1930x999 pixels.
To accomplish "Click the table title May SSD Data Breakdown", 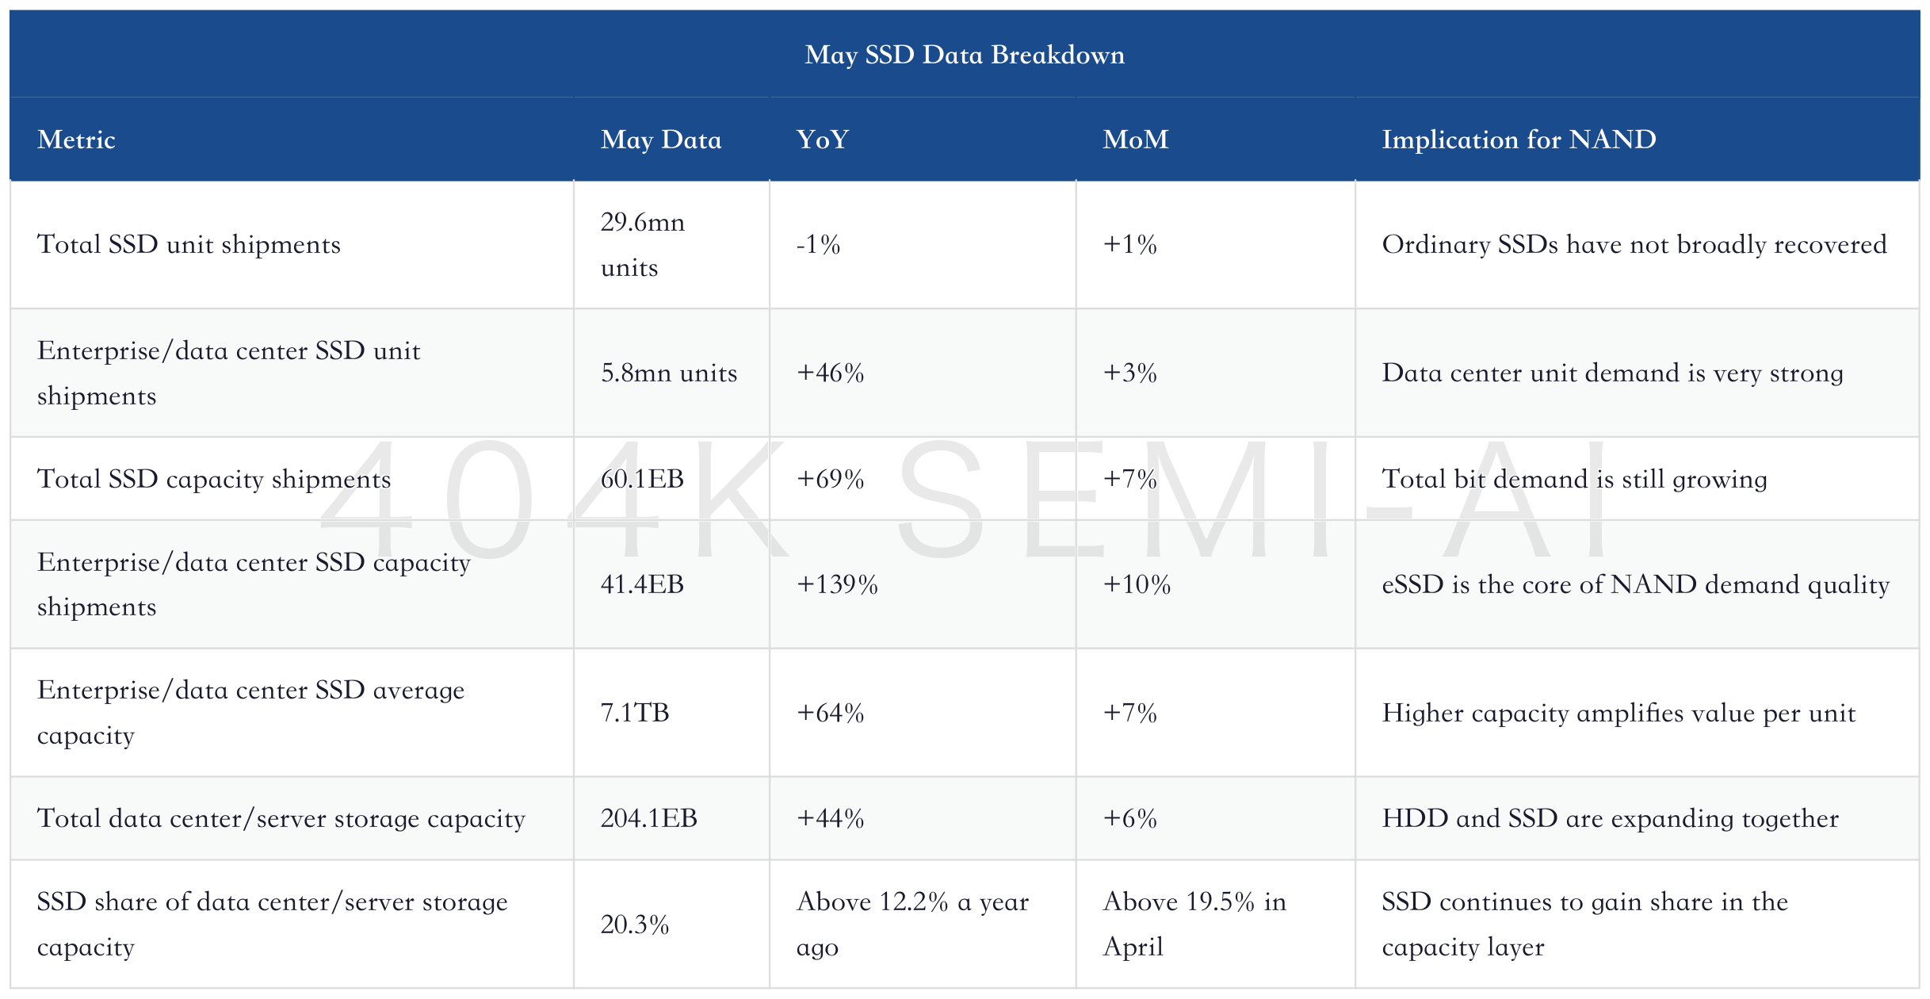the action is tap(965, 55).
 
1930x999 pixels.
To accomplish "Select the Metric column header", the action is tap(76, 140).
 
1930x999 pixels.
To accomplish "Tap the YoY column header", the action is tap(822, 140).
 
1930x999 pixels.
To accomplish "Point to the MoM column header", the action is tap(1135, 140).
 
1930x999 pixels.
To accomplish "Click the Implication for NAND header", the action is tap(1519, 140).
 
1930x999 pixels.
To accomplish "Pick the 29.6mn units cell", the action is tap(643, 244).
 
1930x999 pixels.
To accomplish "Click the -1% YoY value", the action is tap(818, 244).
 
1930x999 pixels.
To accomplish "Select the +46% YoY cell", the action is tap(830, 373).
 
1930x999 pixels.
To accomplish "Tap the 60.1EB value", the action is tap(642, 479).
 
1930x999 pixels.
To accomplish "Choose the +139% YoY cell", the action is tap(837, 584).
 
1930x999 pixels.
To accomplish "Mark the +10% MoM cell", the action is tap(1137, 584).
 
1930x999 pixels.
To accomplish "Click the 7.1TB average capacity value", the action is tap(635, 713).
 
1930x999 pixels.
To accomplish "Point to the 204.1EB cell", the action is tap(648, 818).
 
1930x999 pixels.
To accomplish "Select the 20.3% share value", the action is tap(635, 924).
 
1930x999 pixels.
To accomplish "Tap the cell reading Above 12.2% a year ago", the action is tap(912, 924).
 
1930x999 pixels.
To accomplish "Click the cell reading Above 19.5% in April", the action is tap(1194, 924).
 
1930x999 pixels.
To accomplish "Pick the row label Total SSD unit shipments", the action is tap(189, 244).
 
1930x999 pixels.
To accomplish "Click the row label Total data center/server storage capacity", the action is tap(281, 818).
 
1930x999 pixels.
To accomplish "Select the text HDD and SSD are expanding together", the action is tap(1611, 818).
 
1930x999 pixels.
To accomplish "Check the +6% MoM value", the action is tap(1129, 818).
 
